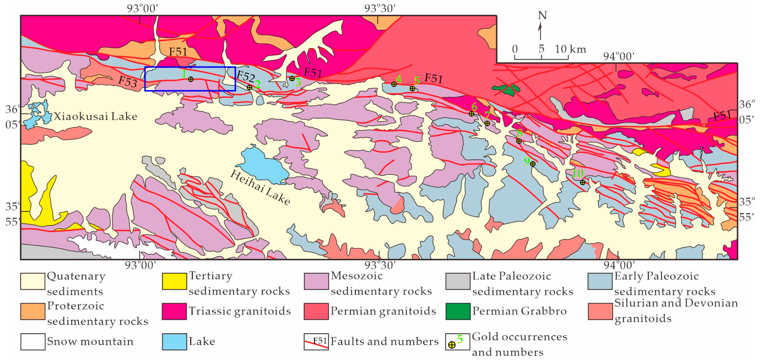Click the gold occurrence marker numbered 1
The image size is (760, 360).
point(191,79)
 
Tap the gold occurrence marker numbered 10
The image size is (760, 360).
point(582,182)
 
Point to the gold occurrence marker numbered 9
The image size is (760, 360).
point(532,164)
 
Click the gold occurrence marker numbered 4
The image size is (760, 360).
point(394,84)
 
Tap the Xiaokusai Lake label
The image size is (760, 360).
point(95,117)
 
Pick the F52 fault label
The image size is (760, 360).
point(245,76)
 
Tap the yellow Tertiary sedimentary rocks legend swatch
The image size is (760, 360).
point(174,281)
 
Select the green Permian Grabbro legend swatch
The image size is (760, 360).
point(458,311)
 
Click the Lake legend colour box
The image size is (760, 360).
point(174,341)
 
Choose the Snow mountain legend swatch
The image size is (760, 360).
point(33,341)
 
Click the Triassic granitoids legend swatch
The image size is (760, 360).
point(174,311)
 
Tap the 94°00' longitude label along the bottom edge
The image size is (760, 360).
point(618,265)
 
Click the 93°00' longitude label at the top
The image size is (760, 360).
point(143,8)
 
